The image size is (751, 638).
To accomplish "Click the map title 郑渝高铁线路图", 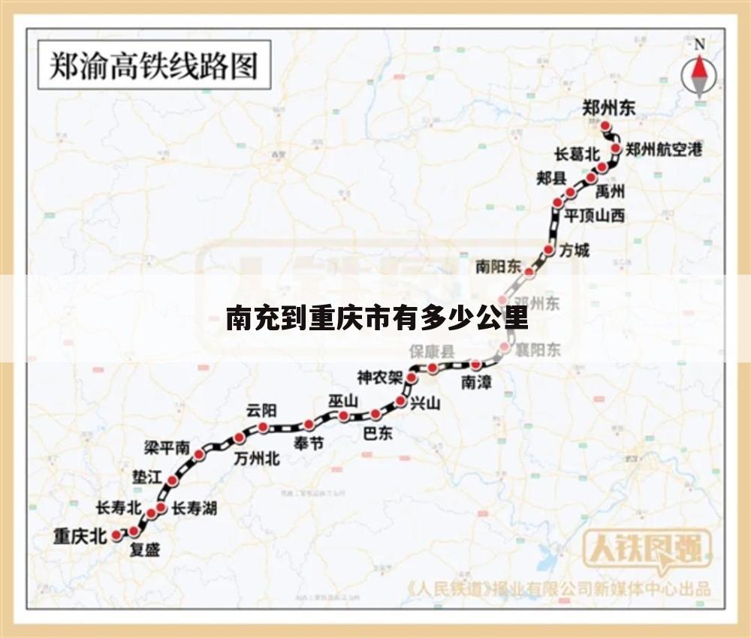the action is pos(153,65).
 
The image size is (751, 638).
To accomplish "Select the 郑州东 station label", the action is pos(609,107).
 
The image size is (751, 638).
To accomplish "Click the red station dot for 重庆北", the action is pos(116,535).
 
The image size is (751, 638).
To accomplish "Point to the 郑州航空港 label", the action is pos(663,149).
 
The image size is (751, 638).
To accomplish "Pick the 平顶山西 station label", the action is pos(595,216).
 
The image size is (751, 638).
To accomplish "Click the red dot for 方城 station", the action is pos(549,250).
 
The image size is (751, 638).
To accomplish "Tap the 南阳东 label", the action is pos(498,266).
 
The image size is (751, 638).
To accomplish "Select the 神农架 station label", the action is pos(380,377).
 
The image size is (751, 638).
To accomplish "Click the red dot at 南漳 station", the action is pos(476,365).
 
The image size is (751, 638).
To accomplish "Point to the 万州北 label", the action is pos(257,458).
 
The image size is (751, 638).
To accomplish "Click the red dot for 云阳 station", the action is pos(264,427).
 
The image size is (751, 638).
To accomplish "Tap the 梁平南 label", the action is pos(167,448).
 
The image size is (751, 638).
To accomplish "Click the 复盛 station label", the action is pos(145,550).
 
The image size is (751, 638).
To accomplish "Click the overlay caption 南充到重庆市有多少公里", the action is pos(377,318).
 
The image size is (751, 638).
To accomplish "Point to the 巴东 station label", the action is pos(378,433).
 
